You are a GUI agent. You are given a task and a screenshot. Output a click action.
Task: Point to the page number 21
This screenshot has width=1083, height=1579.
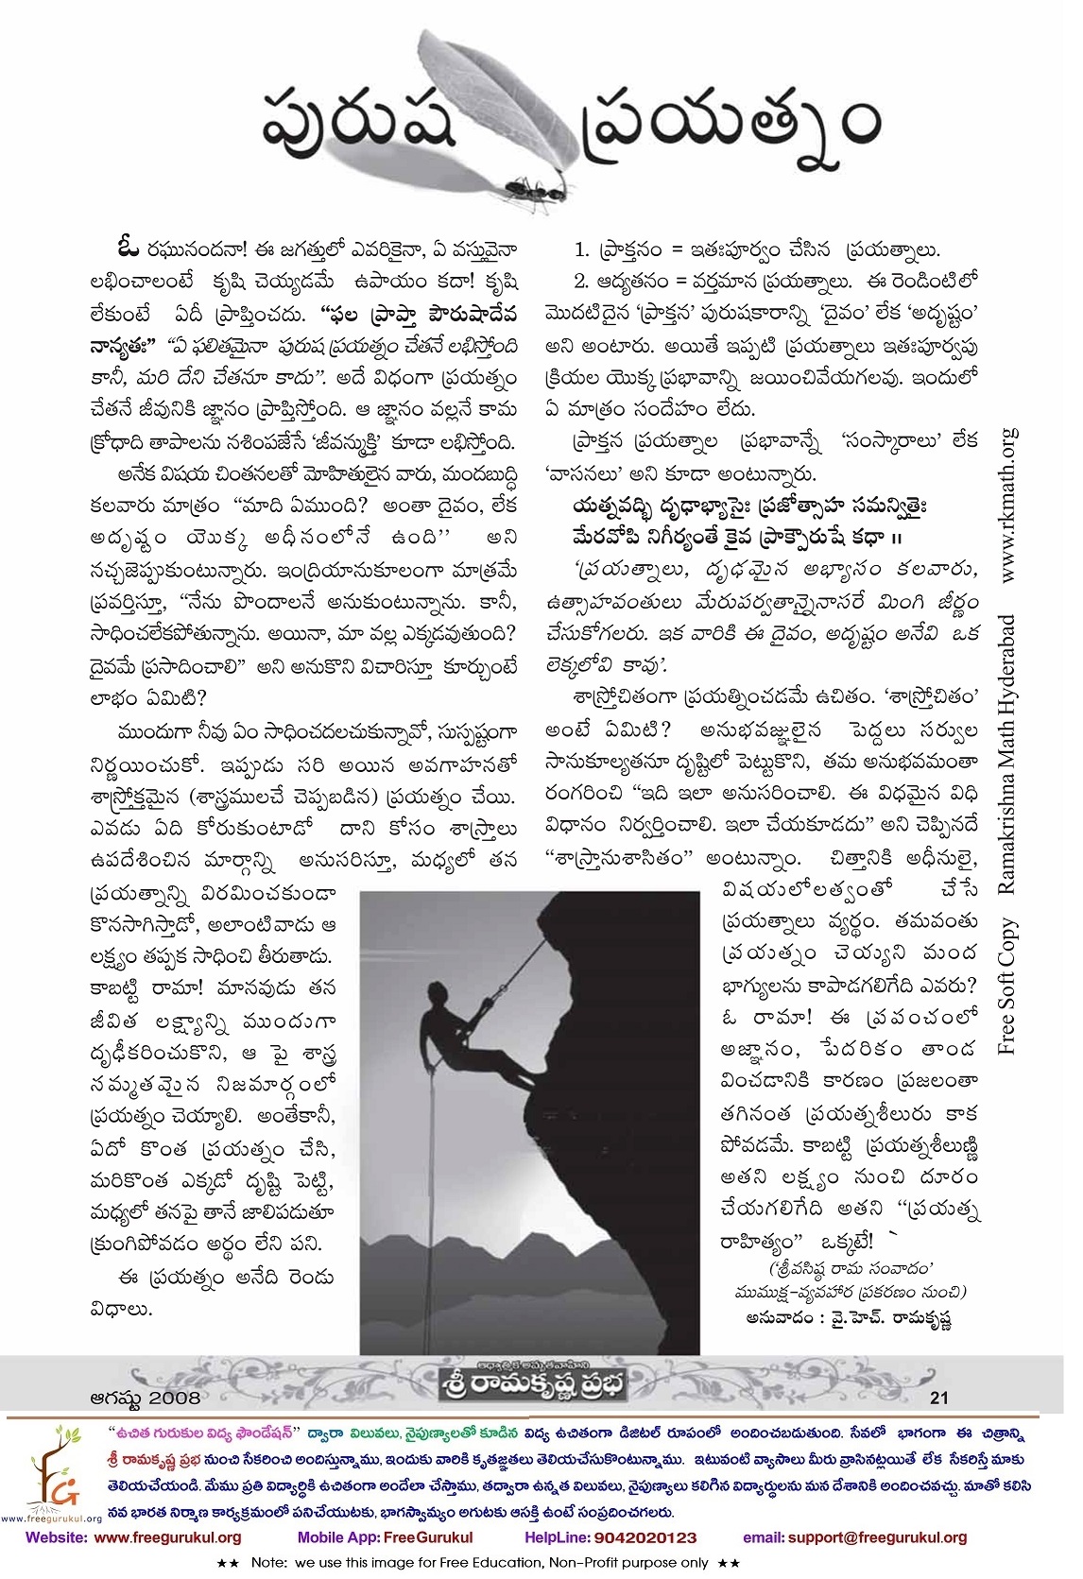click(x=939, y=1397)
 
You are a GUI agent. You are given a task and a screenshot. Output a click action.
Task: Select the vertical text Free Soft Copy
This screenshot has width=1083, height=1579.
click(x=1008, y=987)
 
